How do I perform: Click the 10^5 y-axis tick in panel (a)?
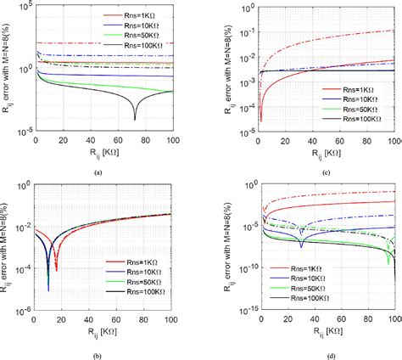point(26,8)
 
